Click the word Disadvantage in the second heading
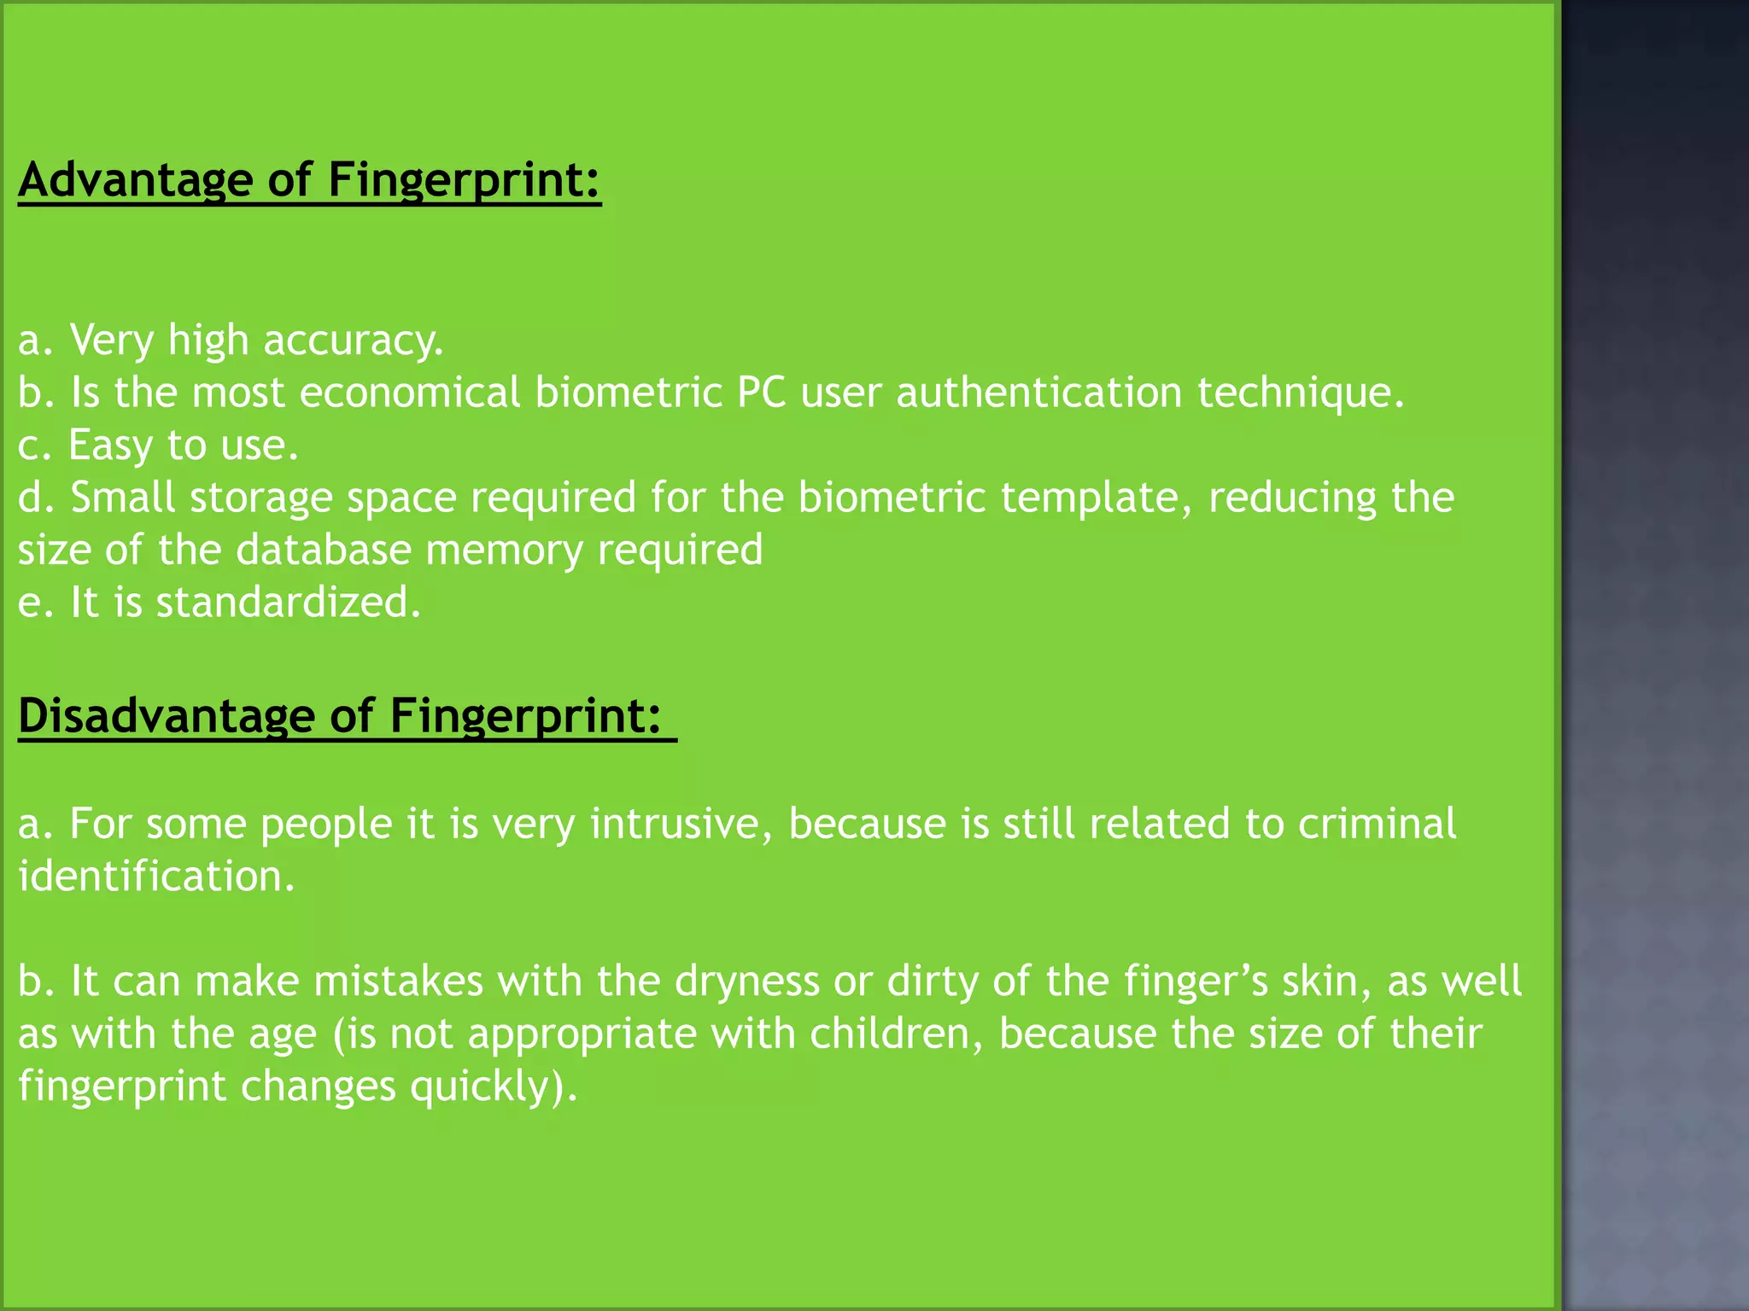tap(166, 715)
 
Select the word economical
tap(409, 393)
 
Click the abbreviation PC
tap(761, 393)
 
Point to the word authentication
tap(1038, 393)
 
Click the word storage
tap(260, 498)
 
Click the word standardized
tap(288, 603)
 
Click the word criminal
tap(1376, 824)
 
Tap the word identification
tap(156, 877)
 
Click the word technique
tap(1300, 393)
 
